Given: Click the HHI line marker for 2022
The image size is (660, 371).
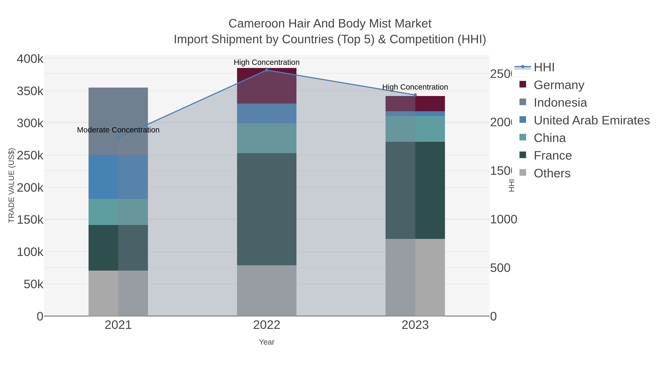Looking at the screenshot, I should pos(266,70).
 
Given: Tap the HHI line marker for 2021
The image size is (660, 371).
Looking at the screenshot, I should pos(118,138).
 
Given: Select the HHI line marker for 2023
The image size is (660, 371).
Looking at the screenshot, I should pos(415,95).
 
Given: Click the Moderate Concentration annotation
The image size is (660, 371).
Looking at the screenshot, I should pos(118,130).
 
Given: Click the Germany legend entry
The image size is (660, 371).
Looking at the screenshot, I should pos(559,85).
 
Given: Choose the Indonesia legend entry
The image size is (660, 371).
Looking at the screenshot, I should pos(560,102).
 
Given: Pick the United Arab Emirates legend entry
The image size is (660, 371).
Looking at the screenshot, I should pos(591,120).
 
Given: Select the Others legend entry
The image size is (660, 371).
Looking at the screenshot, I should pos(552,173).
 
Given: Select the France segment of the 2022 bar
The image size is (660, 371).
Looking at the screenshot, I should pos(266,209).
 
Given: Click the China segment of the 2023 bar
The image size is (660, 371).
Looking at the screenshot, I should pos(415,129).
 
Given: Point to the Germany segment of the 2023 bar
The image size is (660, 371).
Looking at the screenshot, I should pos(415,104).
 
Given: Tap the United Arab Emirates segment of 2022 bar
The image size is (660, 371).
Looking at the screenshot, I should pos(266,113).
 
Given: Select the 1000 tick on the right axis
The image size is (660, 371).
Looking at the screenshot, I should pos(503,219).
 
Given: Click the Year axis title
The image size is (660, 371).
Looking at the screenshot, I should pos(266,342).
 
